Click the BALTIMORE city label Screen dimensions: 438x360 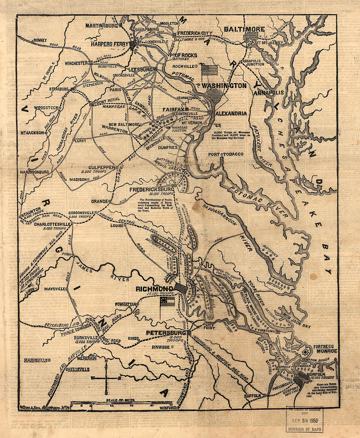pyautogui.click(x=244, y=29)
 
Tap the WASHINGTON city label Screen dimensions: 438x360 pyautogui.click(x=224, y=86)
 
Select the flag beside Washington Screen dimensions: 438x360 pyautogui.click(x=209, y=70)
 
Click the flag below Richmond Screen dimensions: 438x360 pyautogui.click(x=167, y=301)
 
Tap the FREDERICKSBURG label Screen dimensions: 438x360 pyautogui.click(x=152, y=189)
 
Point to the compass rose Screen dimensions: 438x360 pyautogui.click(x=106, y=377)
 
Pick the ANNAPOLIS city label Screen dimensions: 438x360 pyautogui.click(x=268, y=93)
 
